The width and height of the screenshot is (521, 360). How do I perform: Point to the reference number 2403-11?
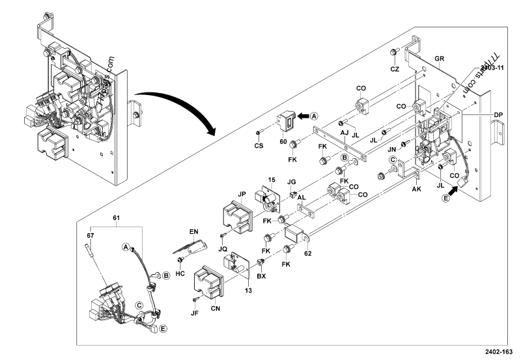(x=494, y=67)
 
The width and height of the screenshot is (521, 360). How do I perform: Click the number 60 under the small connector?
(x=283, y=141)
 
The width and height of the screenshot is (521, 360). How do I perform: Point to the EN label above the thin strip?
(x=193, y=232)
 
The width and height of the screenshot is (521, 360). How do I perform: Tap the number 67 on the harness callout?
(x=92, y=235)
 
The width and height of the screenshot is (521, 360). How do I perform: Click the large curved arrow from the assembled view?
(x=176, y=111)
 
